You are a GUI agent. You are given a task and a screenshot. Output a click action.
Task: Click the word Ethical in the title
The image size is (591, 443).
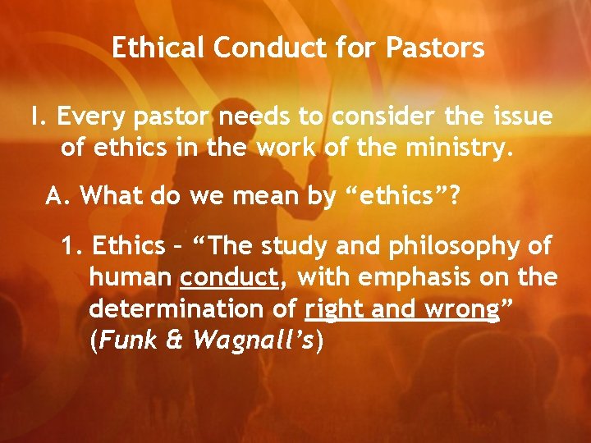[158, 48]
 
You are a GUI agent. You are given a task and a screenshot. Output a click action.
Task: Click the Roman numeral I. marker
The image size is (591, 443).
[37, 117]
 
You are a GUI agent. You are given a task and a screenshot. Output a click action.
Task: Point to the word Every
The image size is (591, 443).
[90, 117]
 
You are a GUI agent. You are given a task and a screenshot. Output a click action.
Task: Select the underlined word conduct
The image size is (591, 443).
[230, 277]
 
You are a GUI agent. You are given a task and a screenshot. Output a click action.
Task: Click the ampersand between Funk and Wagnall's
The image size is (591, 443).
[176, 341]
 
